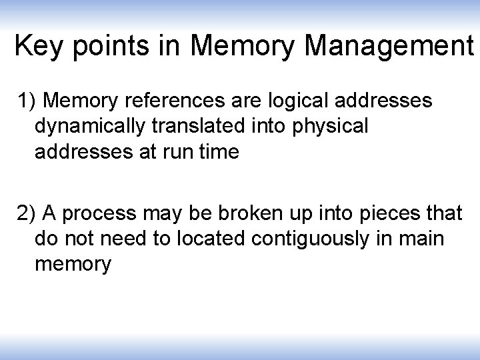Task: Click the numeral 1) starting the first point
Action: (x=28, y=101)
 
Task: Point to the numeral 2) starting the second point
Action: (x=28, y=214)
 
